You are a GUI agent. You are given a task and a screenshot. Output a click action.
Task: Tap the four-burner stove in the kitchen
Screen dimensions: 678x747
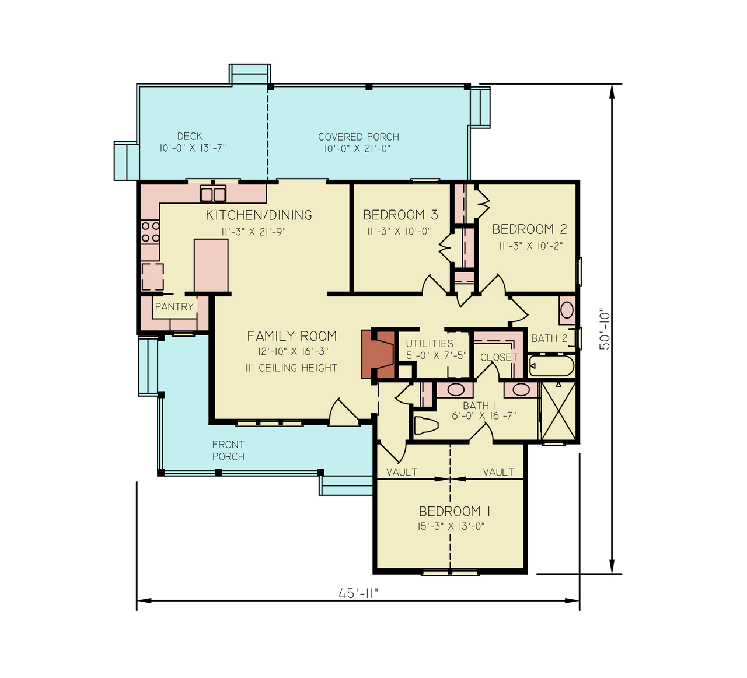click(151, 232)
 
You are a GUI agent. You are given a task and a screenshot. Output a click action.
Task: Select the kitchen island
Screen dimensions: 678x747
click(211, 265)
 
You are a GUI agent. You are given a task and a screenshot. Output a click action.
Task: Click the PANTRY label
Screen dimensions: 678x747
click(174, 307)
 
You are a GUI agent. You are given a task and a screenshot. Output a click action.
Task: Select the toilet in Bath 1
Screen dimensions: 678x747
click(425, 426)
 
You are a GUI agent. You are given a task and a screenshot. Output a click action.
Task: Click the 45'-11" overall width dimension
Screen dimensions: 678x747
click(358, 593)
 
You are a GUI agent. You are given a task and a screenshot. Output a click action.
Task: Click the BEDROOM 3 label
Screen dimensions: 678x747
click(400, 215)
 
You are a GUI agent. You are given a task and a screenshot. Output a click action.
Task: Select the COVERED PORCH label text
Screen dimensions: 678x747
click(358, 137)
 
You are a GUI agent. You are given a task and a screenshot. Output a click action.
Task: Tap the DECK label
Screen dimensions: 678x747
click(190, 137)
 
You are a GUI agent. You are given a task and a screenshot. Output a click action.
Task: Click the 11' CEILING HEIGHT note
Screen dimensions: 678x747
click(291, 368)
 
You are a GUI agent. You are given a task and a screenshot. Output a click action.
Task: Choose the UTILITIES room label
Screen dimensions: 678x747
click(430, 344)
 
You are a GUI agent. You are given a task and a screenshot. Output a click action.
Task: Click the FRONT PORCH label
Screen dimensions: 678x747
click(228, 450)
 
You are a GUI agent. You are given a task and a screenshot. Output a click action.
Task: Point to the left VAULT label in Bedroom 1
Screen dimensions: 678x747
click(402, 472)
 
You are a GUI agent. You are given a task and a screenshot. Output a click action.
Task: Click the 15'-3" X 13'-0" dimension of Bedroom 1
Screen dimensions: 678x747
click(451, 526)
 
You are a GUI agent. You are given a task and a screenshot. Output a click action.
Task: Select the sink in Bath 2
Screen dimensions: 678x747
click(567, 310)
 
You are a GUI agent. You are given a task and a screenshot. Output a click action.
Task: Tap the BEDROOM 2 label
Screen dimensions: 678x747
click(529, 229)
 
